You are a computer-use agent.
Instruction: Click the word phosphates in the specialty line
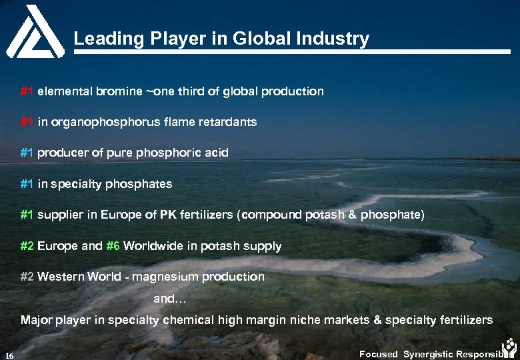coord(141,184)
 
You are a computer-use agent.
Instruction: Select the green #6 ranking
coord(113,246)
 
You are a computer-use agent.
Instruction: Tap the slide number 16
coord(9,354)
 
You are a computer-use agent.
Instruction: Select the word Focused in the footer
coord(378,354)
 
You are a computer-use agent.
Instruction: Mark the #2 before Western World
coord(27,277)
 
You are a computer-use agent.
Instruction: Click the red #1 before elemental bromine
coord(27,91)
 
